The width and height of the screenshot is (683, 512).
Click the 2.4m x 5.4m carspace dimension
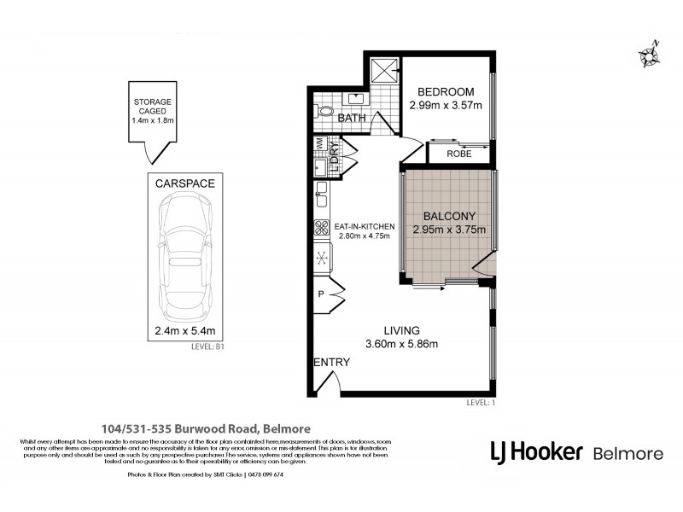pyautogui.click(x=185, y=331)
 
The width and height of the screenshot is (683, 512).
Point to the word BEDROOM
pyautogui.click(x=446, y=92)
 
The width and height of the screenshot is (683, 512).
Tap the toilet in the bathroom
pyautogui.click(x=324, y=111)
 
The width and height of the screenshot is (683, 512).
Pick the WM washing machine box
pyautogui.click(x=319, y=145)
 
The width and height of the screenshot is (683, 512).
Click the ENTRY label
pyautogui.click(x=331, y=362)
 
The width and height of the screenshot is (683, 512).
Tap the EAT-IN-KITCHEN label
pyautogui.click(x=365, y=225)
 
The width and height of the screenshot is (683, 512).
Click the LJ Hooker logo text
pyautogui.click(x=536, y=451)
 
